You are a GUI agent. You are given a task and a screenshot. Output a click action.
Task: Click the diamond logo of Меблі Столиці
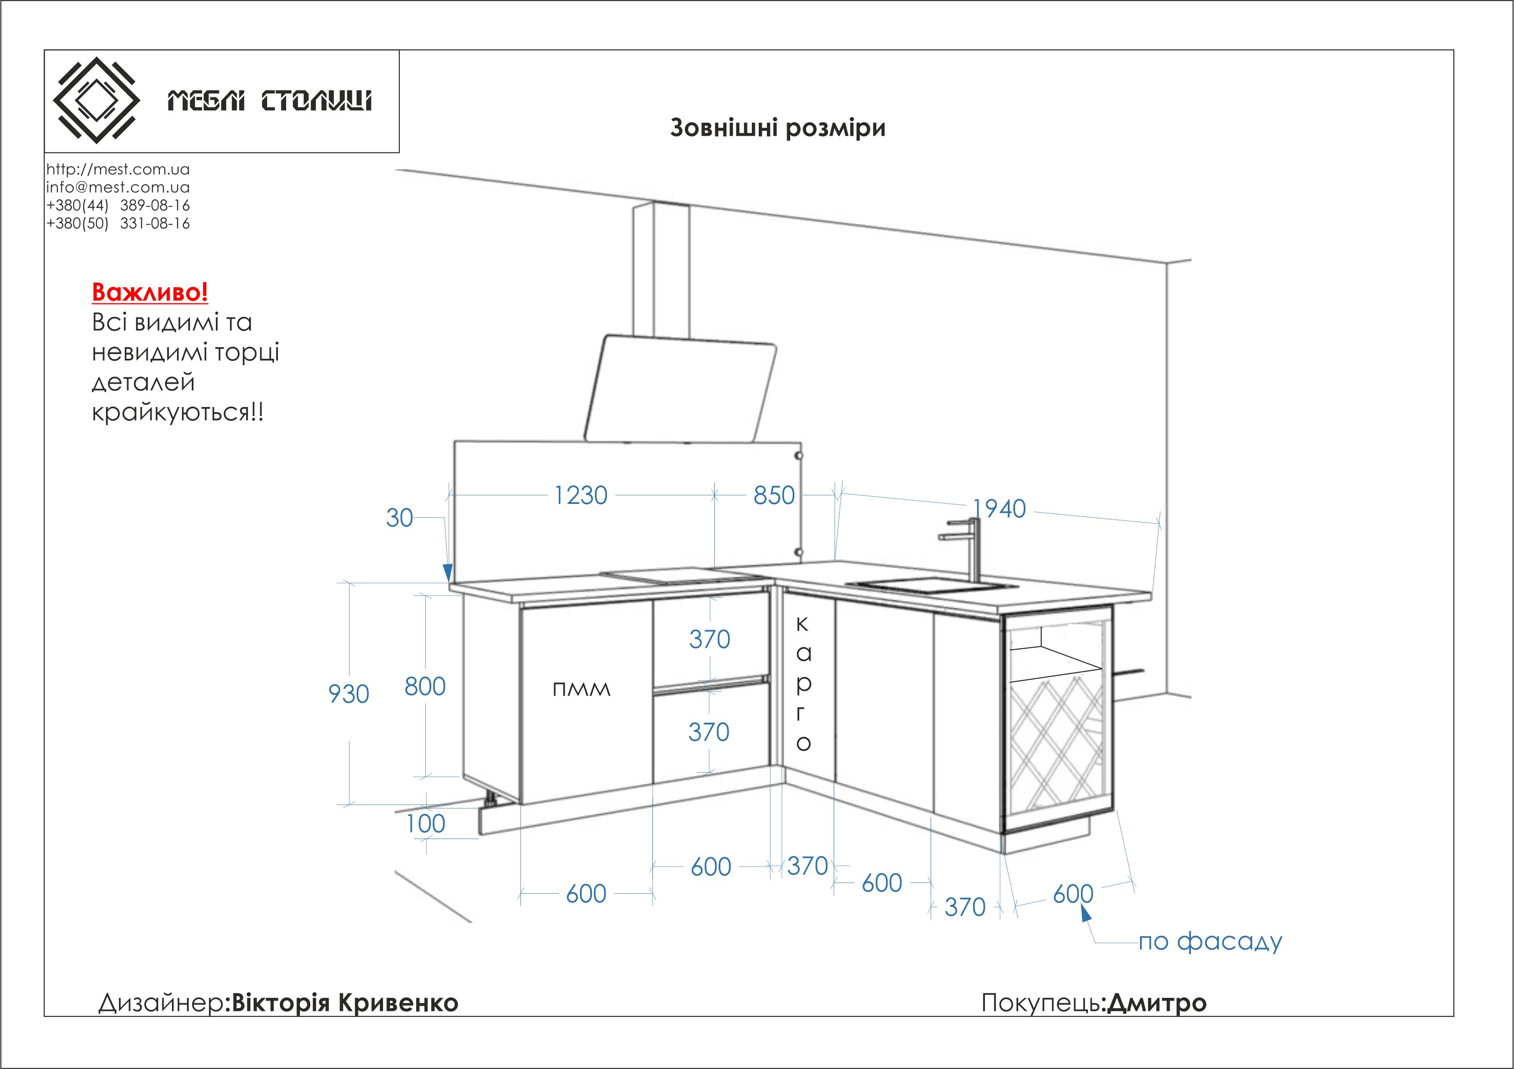pyautogui.click(x=96, y=100)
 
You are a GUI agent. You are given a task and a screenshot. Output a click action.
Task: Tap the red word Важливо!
pyautogui.click(x=150, y=292)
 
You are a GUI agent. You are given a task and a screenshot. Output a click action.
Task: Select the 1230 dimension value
pyautogui.click(x=580, y=496)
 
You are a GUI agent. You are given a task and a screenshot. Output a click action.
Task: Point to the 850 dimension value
pyautogui.click(x=774, y=496)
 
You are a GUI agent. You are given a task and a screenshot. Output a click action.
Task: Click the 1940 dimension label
pyautogui.click(x=999, y=509)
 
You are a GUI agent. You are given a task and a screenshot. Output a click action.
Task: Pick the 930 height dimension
pyautogui.click(x=349, y=694)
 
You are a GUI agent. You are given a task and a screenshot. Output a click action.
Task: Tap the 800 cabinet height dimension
pyautogui.click(x=425, y=687)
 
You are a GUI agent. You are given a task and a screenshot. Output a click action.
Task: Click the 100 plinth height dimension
pyautogui.click(x=425, y=824)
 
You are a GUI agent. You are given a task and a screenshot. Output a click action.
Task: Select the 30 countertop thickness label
pyautogui.click(x=399, y=518)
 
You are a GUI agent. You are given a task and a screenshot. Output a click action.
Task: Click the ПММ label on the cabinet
pyautogui.click(x=581, y=690)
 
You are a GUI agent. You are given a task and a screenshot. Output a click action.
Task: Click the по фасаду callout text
pyautogui.click(x=1210, y=942)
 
